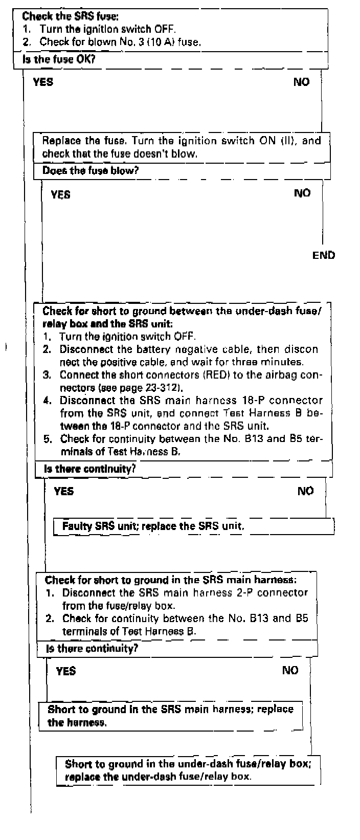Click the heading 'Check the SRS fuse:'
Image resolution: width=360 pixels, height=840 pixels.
(63, 16)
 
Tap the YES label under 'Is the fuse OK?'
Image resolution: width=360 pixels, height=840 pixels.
(43, 81)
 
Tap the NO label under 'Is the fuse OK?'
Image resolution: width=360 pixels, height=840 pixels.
(301, 81)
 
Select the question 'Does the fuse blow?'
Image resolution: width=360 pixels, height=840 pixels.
(91, 170)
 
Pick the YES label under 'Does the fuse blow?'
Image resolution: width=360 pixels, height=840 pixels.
(61, 194)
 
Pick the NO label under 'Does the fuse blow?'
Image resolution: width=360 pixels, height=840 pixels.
(302, 193)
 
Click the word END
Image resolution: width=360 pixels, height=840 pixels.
(324, 255)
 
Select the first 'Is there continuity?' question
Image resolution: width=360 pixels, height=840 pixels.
(90, 468)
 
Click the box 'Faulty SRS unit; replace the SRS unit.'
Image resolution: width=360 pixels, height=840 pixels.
(153, 526)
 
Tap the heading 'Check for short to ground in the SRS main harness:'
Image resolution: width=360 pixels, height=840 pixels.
(171, 580)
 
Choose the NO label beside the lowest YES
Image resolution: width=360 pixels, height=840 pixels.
(290, 670)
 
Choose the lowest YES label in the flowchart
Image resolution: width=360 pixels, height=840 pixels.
(66, 671)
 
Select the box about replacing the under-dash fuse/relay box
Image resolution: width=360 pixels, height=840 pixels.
(188, 770)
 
